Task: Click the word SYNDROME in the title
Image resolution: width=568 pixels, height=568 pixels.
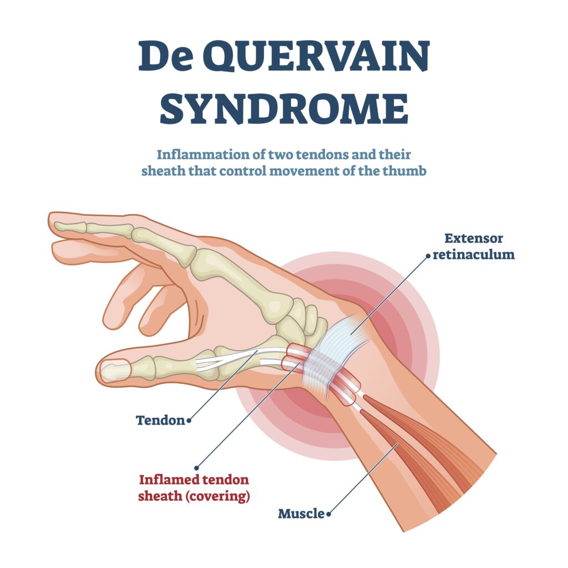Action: pyautogui.click(x=284, y=108)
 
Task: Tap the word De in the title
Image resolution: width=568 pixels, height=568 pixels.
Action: pyautogui.click(x=165, y=57)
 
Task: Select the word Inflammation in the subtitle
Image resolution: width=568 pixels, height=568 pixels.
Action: pyautogui.click(x=203, y=155)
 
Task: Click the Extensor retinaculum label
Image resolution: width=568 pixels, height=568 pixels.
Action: pyautogui.click(x=474, y=246)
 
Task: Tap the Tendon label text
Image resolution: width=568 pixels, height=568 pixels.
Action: pyautogui.click(x=160, y=420)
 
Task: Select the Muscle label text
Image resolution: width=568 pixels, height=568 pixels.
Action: pyautogui.click(x=301, y=514)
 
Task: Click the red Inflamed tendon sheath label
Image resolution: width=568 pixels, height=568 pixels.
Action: pyautogui.click(x=194, y=488)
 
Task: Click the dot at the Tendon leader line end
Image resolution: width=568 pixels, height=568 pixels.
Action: pyautogui.click(x=189, y=420)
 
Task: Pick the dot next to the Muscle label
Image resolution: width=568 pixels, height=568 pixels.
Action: pyautogui.click(x=328, y=514)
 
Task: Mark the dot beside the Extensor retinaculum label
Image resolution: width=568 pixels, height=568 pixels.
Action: pyautogui.click(x=428, y=256)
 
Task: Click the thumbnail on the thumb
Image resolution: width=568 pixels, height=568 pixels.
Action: pyautogui.click(x=113, y=371)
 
